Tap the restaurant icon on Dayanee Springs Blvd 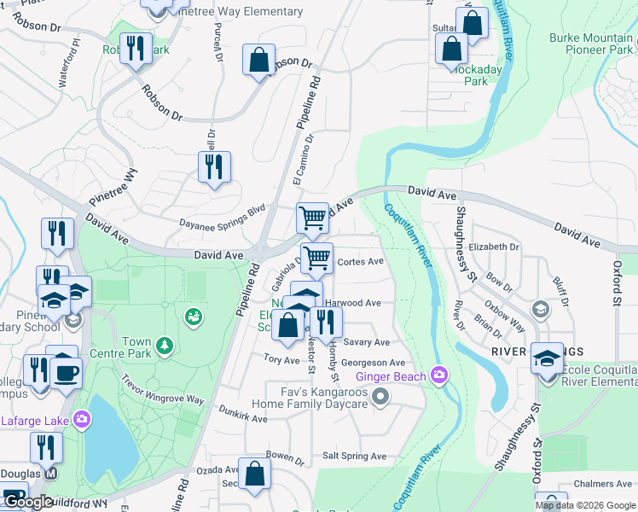point(215,166)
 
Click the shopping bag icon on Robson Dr point(258,61)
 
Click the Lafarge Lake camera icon point(81,419)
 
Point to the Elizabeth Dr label point(493,247)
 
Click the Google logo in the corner point(27,502)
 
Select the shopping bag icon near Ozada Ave point(254,474)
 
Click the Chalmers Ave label point(602,484)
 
